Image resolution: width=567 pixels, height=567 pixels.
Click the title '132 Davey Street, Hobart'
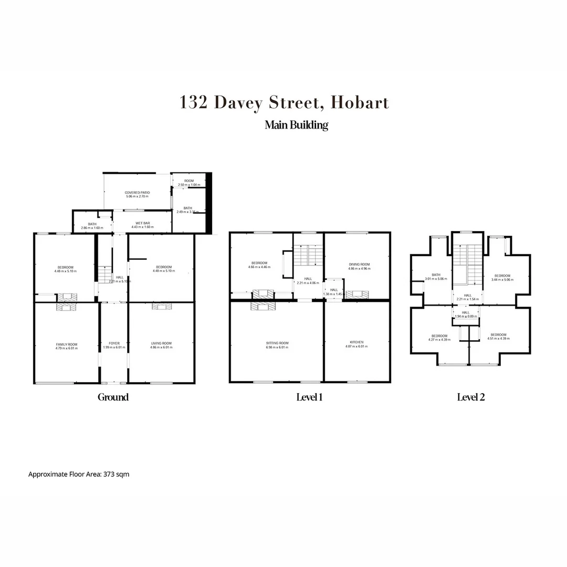284,102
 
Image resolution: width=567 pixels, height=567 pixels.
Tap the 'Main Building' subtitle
296,125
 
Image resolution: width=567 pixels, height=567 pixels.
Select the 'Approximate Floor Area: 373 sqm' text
78,474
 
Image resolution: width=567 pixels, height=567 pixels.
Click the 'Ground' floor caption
113,397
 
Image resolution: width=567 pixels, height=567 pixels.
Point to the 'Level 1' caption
309,397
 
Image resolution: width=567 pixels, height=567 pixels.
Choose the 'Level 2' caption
470,397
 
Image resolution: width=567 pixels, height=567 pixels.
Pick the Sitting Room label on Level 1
277,345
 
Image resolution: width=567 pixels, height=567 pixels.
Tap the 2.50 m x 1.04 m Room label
188,183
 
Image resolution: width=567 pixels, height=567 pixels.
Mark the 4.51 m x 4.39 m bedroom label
498,337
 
